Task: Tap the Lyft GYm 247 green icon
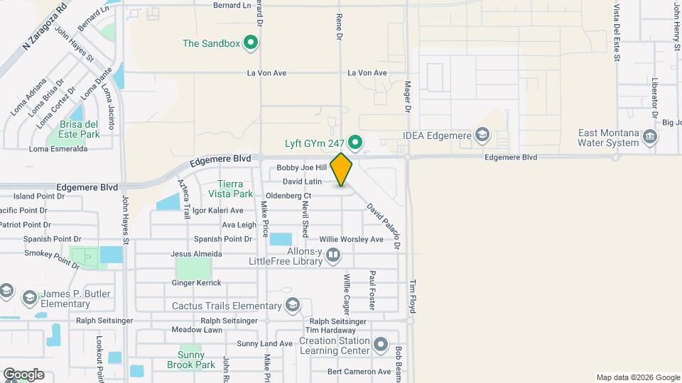coord(357,143)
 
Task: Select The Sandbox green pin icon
coord(250,44)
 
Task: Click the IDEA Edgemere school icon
coord(482,135)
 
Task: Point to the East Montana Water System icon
coord(649,136)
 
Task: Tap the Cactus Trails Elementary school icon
coord(291,306)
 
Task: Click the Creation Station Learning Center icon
coord(381,346)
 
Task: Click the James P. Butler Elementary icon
coord(29,296)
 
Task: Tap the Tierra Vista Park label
coord(235,188)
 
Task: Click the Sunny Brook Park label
coord(190,360)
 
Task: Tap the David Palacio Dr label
coord(384,227)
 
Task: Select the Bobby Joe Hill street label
coord(301,168)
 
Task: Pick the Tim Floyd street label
coord(412,296)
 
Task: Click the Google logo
coord(23,374)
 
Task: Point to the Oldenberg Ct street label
coord(288,196)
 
